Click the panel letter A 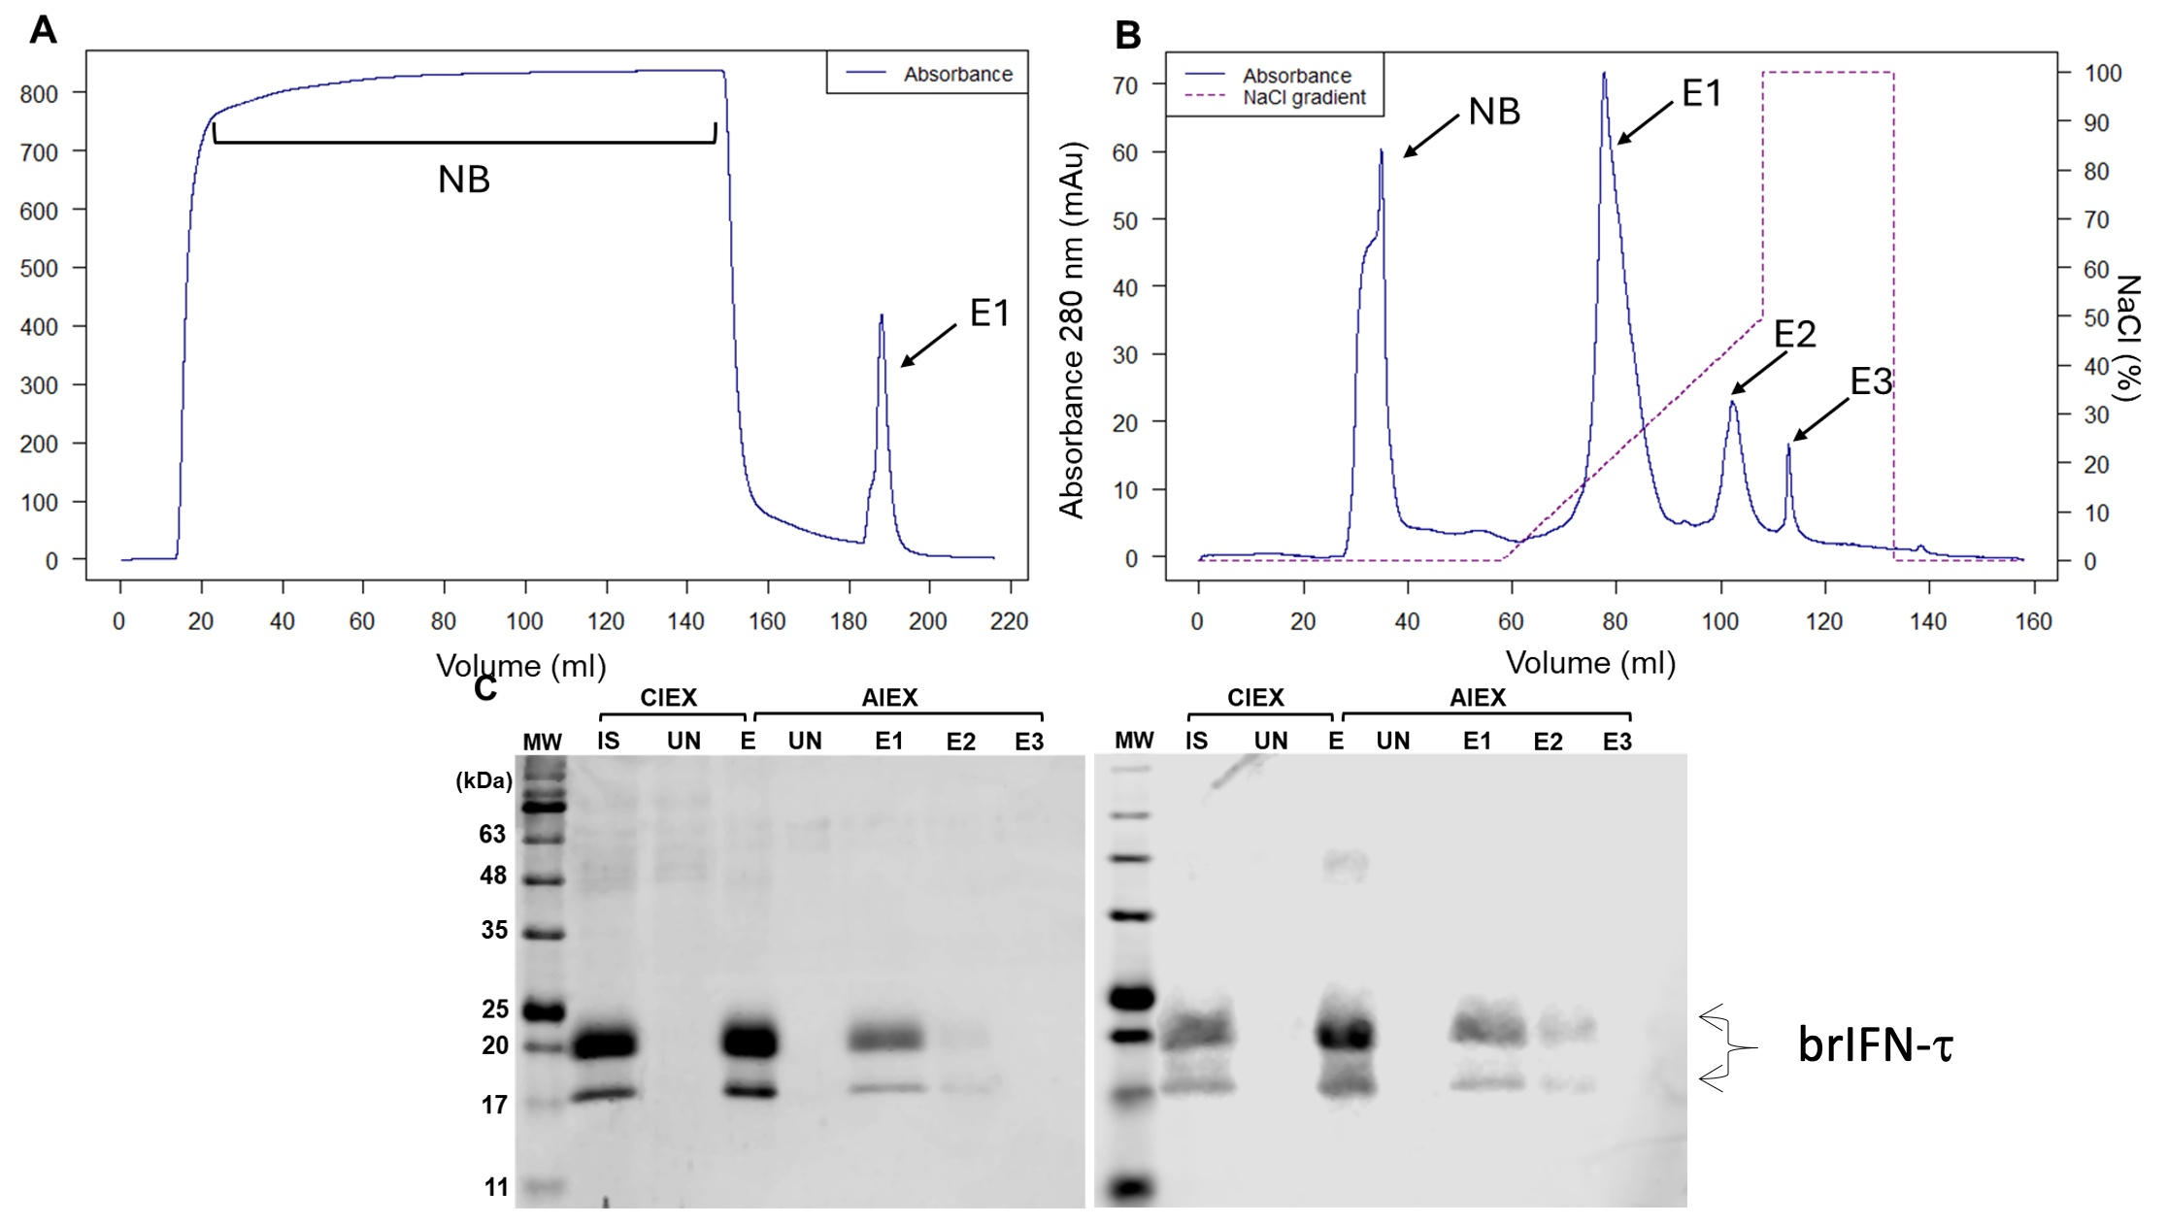click(x=44, y=31)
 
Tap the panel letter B click(x=1127, y=36)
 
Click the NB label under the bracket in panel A click(x=463, y=180)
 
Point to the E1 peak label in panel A click(x=989, y=313)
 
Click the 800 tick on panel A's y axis click(x=39, y=94)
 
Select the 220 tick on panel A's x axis click(x=1009, y=621)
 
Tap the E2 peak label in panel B click(x=1794, y=334)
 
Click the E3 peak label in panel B click(x=1870, y=382)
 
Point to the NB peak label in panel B click(x=1493, y=113)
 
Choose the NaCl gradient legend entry click(x=1304, y=98)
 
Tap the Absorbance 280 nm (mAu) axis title click(x=1072, y=330)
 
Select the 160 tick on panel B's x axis click(x=2033, y=621)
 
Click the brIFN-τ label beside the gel click(x=1874, y=1047)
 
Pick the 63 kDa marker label click(x=492, y=834)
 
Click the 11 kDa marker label click(x=496, y=1187)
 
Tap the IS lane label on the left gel click(x=608, y=742)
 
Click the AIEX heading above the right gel click(x=1477, y=698)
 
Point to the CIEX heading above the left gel click(x=668, y=698)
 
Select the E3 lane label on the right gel click(x=1617, y=743)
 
